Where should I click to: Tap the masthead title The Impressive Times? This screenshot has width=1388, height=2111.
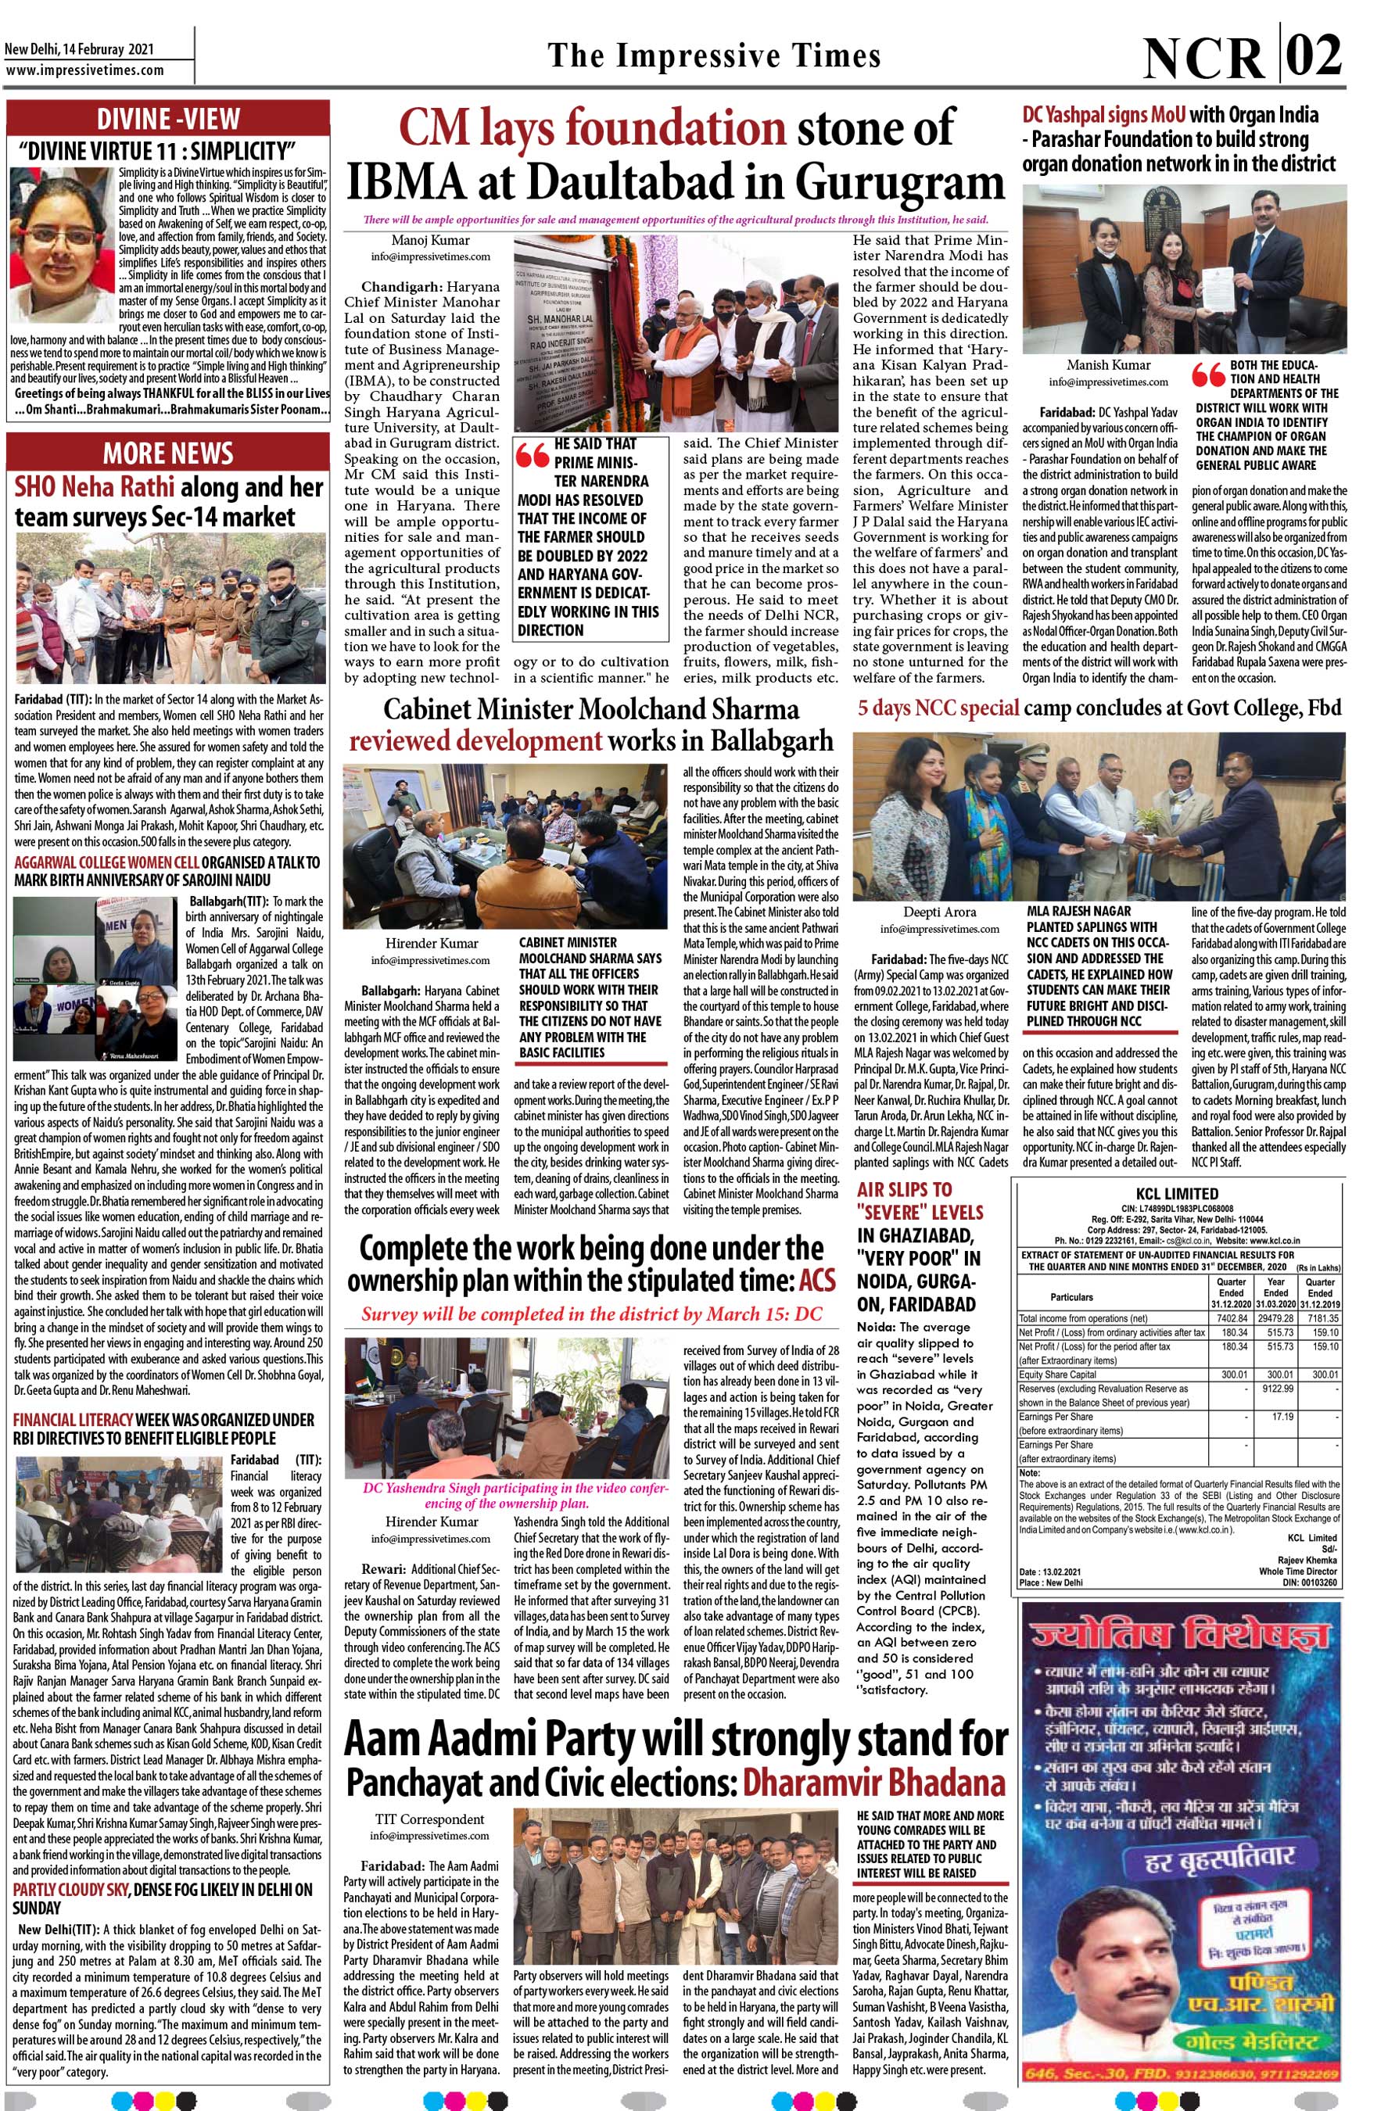click(714, 56)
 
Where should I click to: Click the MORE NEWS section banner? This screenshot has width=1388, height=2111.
click(168, 453)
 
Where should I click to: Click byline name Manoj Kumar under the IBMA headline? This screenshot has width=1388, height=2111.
click(430, 239)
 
